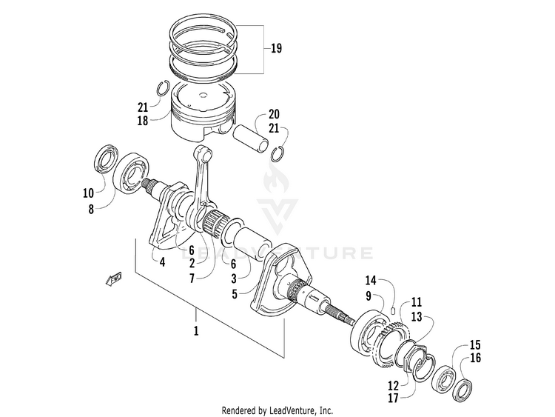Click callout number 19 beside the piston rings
pyautogui.click(x=276, y=49)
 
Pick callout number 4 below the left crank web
pyautogui.click(x=161, y=261)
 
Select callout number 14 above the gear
pyautogui.click(x=371, y=281)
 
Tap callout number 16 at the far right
pyautogui.click(x=476, y=358)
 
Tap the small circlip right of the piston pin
pyautogui.click(x=279, y=153)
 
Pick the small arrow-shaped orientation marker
pyautogui.click(x=113, y=277)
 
